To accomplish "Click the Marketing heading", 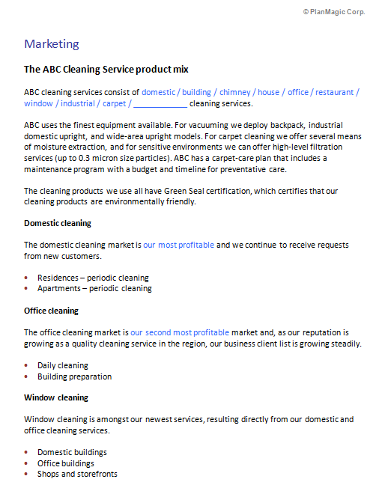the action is click(52, 44).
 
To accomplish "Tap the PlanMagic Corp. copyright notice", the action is click(333, 12).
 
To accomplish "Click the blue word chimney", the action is click(234, 93).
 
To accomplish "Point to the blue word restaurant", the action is click(334, 93).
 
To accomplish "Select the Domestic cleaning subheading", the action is click(58, 223).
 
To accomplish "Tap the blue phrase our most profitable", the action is click(179, 245).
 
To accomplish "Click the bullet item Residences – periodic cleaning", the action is click(93, 278).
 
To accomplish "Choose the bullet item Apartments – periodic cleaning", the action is click(94, 288).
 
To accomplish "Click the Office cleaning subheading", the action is click(52, 311).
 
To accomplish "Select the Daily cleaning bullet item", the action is click(63, 365).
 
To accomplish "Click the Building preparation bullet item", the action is click(74, 376).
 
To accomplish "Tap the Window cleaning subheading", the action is click(56, 397).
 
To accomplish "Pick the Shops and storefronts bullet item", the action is click(77, 475).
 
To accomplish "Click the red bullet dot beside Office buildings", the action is click(28, 463).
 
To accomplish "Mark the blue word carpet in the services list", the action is click(114, 104).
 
